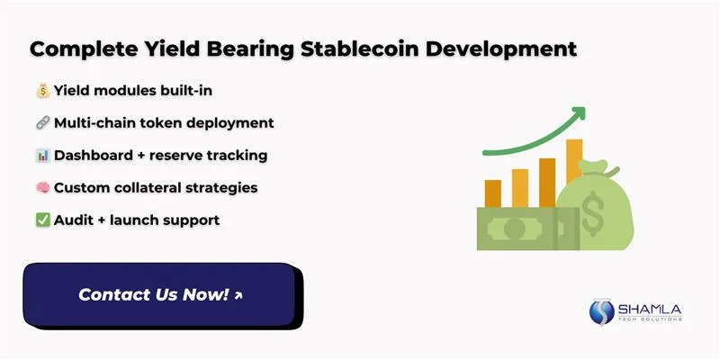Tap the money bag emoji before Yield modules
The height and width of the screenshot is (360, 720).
pyautogui.click(x=41, y=90)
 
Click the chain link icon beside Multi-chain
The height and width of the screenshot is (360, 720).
pyautogui.click(x=41, y=122)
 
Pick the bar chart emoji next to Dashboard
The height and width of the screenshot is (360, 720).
pyautogui.click(x=41, y=155)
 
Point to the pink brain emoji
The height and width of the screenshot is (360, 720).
pyautogui.click(x=41, y=187)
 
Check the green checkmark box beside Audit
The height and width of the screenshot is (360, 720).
pyautogui.click(x=41, y=220)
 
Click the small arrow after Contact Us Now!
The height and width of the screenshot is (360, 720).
pyautogui.click(x=238, y=294)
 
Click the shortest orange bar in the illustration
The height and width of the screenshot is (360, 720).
pyautogui.click(x=492, y=193)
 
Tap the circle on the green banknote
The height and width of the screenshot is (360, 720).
pyautogui.click(x=514, y=229)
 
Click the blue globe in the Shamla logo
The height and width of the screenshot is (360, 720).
pyautogui.click(x=601, y=311)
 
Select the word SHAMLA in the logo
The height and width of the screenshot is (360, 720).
pyautogui.click(x=649, y=310)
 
